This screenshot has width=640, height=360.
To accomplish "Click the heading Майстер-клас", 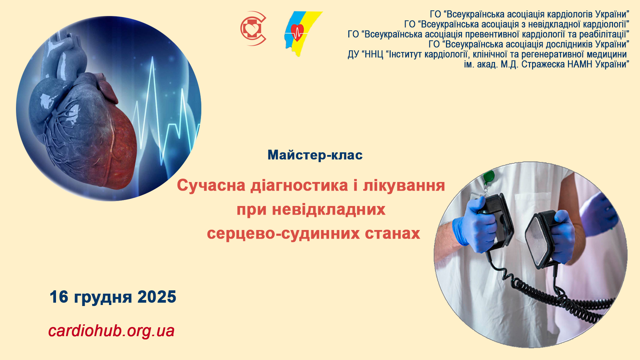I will point(315,155).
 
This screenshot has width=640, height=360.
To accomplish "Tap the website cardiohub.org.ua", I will point(111,331).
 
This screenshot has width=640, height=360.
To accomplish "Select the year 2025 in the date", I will point(157,297).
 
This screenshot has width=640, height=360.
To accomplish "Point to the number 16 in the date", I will point(59,297).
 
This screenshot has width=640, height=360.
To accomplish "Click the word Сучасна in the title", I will point(211,186).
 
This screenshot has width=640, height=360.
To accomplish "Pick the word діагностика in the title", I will point(299,186).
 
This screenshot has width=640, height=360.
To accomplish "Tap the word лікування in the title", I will point(404,186).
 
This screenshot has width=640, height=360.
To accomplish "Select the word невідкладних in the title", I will point(329,210).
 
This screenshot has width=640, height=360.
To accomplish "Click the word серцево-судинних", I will point(283,234).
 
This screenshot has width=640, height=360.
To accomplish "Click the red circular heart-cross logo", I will point(253,29).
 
